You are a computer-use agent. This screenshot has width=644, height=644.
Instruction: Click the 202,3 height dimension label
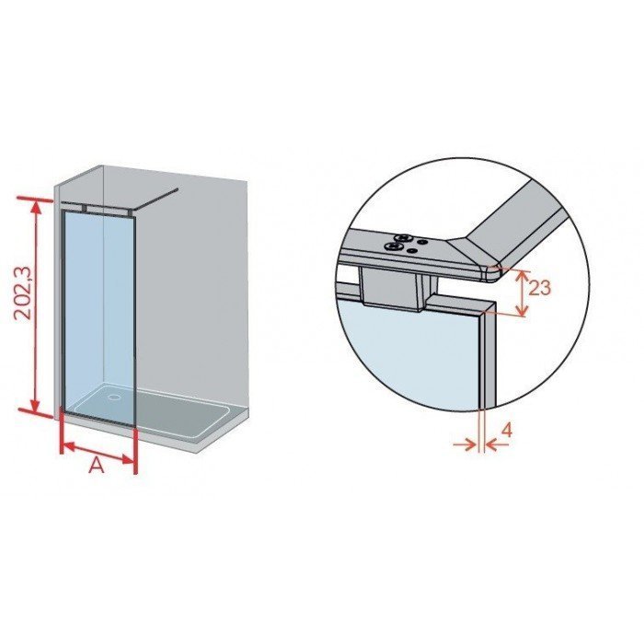(x=23, y=292)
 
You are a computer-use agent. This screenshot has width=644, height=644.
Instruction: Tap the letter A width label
(x=97, y=466)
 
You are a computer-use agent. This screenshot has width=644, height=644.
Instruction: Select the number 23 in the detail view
(x=539, y=287)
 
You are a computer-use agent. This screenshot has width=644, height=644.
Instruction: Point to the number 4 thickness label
(x=507, y=431)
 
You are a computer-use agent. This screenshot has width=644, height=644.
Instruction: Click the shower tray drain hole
(x=113, y=397)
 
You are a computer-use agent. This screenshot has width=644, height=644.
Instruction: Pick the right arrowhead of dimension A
(x=129, y=460)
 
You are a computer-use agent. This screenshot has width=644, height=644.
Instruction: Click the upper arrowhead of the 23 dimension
(x=522, y=275)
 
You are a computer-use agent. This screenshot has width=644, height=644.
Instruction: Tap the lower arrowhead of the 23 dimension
(x=522, y=311)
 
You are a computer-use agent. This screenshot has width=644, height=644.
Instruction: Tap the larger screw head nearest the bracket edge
(x=394, y=247)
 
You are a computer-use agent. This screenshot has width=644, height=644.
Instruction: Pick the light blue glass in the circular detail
(x=410, y=353)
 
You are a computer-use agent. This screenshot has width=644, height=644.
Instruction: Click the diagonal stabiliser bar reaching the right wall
(x=155, y=200)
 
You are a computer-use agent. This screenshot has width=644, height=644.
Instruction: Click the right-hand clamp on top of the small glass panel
(x=130, y=212)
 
